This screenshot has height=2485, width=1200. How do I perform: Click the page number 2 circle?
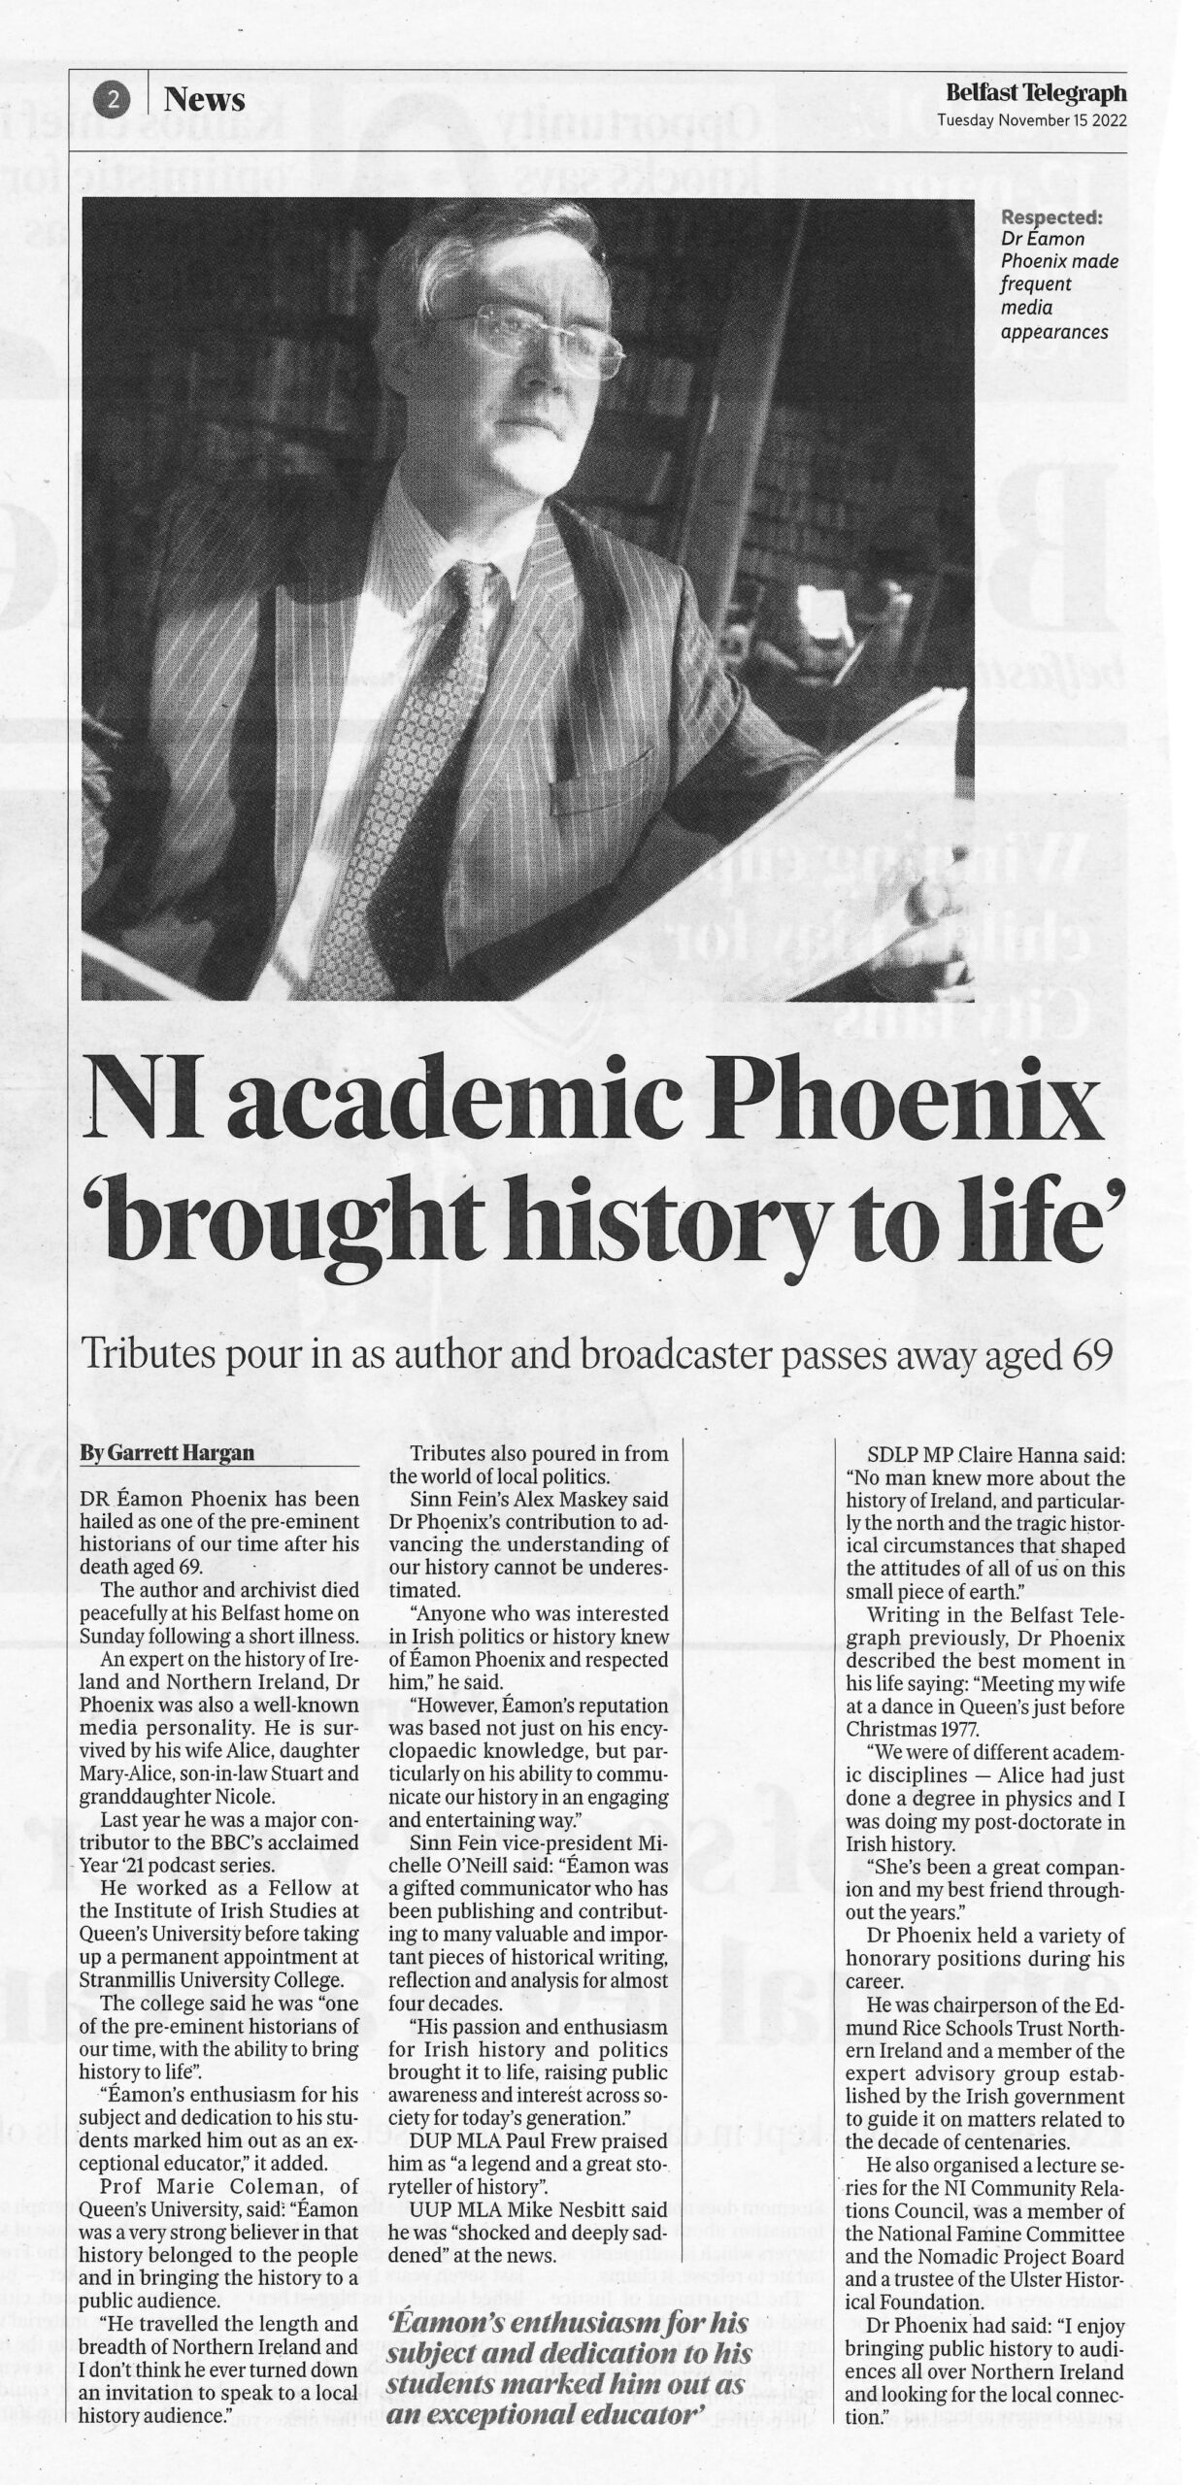[115, 98]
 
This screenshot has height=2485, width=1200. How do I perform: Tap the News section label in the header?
[204, 99]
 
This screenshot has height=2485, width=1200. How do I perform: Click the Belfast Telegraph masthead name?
[1036, 93]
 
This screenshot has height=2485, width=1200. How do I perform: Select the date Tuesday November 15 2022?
[1031, 120]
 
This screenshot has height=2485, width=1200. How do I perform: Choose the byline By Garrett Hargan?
[167, 1453]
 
